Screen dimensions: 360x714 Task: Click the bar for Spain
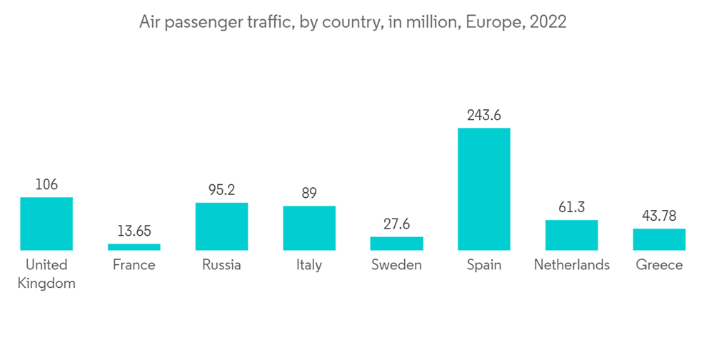[484, 189]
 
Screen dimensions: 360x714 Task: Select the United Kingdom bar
[46, 224]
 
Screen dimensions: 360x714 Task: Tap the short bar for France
[134, 247]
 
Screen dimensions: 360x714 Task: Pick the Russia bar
[221, 226]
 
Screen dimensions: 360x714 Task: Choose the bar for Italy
[309, 228]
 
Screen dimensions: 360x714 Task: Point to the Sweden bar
[396, 244]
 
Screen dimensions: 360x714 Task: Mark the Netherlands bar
[571, 235]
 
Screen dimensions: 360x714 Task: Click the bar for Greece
[659, 239]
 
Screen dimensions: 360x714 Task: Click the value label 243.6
[484, 114]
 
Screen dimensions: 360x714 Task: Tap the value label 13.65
[134, 231]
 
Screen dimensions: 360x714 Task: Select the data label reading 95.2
[221, 190]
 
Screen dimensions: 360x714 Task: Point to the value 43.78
[659, 216]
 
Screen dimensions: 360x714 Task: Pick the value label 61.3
[571, 207]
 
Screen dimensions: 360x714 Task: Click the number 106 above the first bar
[46, 184]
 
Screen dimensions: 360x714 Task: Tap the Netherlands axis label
[571, 265]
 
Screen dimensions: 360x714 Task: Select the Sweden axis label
[396, 265]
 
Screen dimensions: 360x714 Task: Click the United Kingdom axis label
[46, 274]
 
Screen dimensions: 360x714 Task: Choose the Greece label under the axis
[659, 265]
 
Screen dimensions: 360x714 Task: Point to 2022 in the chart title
[547, 22]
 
